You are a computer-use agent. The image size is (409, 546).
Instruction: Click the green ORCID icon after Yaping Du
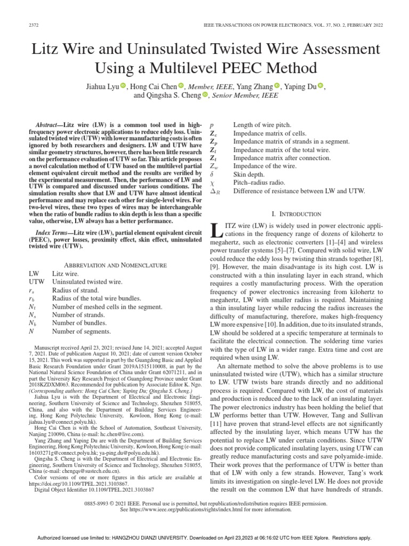click(x=320, y=85)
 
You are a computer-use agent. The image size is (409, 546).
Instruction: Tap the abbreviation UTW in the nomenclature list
click(x=37, y=282)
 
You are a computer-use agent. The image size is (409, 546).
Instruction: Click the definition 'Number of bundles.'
click(x=79, y=323)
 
